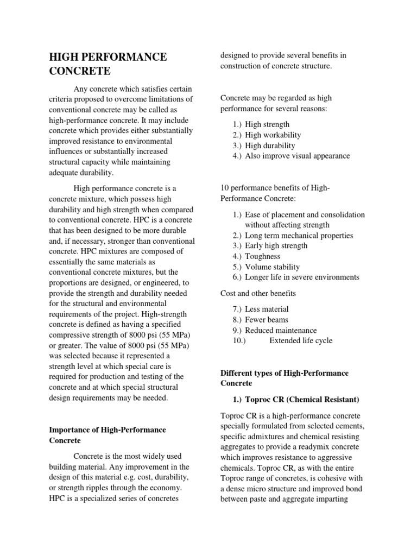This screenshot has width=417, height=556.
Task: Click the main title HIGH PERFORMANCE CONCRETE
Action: click(x=108, y=64)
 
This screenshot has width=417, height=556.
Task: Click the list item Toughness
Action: click(x=262, y=256)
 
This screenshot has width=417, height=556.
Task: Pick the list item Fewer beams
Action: click(x=267, y=320)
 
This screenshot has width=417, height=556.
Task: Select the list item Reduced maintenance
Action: click(x=281, y=331)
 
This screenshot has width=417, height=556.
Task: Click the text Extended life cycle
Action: click(x=301, y=341)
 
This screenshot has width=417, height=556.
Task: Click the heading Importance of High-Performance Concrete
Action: click(x=108, y=435)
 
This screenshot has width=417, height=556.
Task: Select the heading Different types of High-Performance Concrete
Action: click(x=284, y=378)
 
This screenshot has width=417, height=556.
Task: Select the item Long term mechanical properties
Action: click(x=299, y=236)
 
